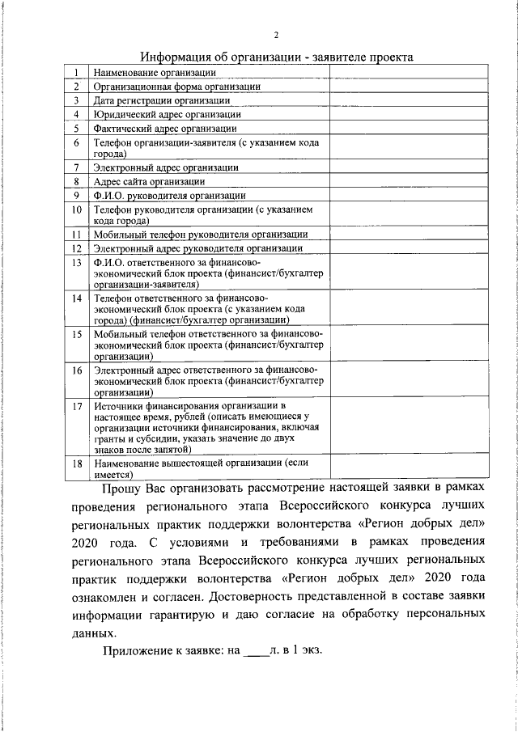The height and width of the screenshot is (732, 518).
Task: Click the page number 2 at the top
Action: point(277,35)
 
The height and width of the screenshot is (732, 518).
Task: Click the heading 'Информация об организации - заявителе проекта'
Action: point(277,57)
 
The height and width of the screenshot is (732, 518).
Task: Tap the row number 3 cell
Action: point(74,100)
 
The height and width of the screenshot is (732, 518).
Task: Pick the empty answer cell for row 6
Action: point(408,147)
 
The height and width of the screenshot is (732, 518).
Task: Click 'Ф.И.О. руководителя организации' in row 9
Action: point(169,195)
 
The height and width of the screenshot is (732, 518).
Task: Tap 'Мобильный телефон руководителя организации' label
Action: point(200,234)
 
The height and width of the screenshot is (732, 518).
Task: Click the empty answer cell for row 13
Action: point(408,273)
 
